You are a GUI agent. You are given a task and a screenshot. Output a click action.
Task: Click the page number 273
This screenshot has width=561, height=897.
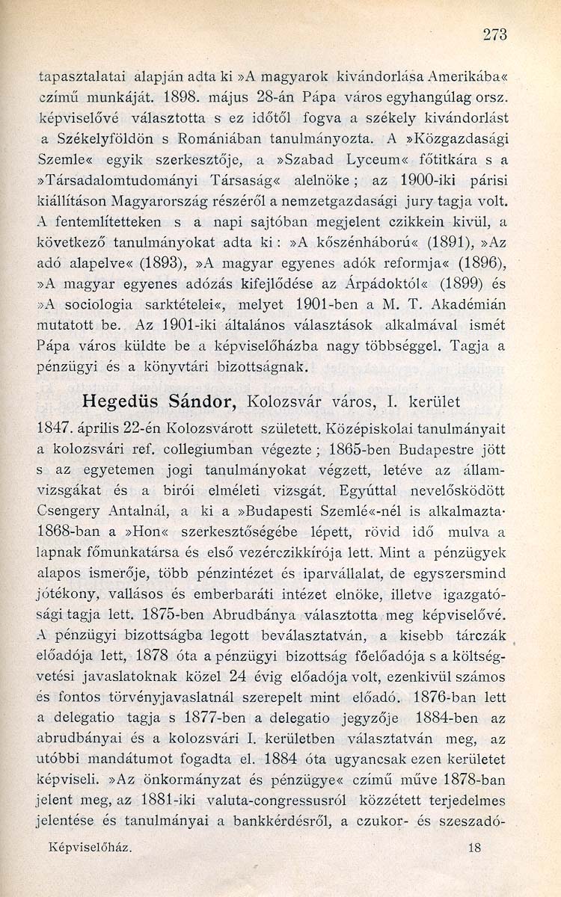point(496,33)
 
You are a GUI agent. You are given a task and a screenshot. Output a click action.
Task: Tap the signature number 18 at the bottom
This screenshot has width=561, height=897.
point(473,869)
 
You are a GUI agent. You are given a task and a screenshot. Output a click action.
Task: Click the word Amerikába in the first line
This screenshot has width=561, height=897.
point(460,75)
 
